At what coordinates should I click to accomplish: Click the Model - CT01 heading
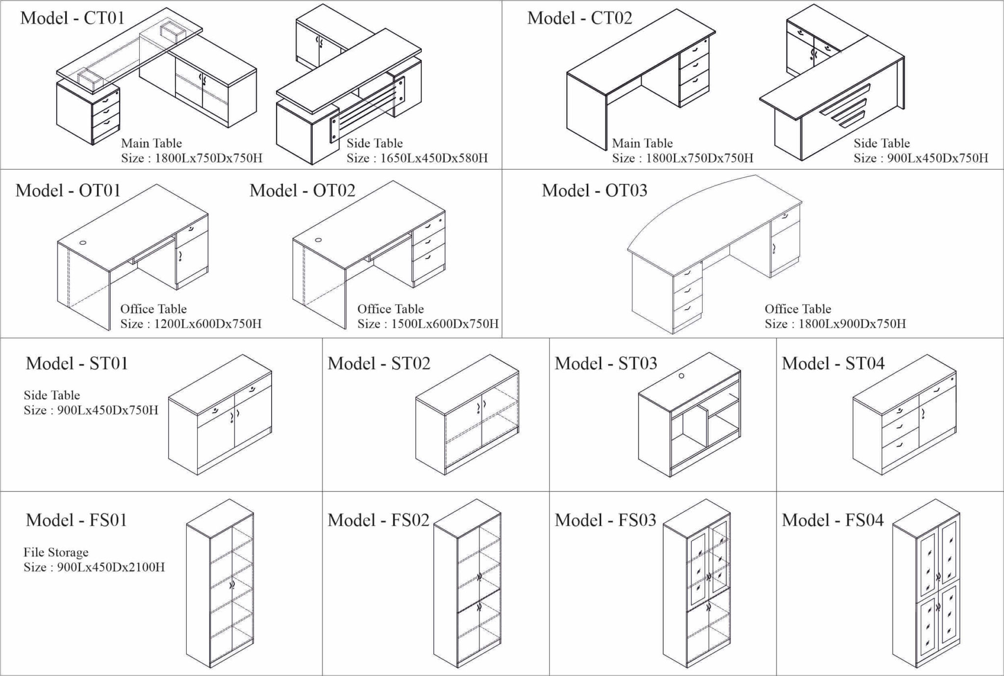[x=72, y=18]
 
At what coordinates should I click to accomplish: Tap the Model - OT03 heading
[x=594, y=190]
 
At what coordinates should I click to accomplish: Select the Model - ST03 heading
[x=605, y=364]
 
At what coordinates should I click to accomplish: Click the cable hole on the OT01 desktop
[x=83, y=242]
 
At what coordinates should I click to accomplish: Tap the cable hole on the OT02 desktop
[x=319, y=240]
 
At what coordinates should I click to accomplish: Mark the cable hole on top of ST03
[x=681, y=376]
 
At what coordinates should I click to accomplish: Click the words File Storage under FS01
[x=56, y=552]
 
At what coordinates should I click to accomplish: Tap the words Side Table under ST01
[x=51, y=395]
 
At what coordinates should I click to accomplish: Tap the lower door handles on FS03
[x=708, y=608]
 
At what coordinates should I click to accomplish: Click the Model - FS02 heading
[x=378, y=520]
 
